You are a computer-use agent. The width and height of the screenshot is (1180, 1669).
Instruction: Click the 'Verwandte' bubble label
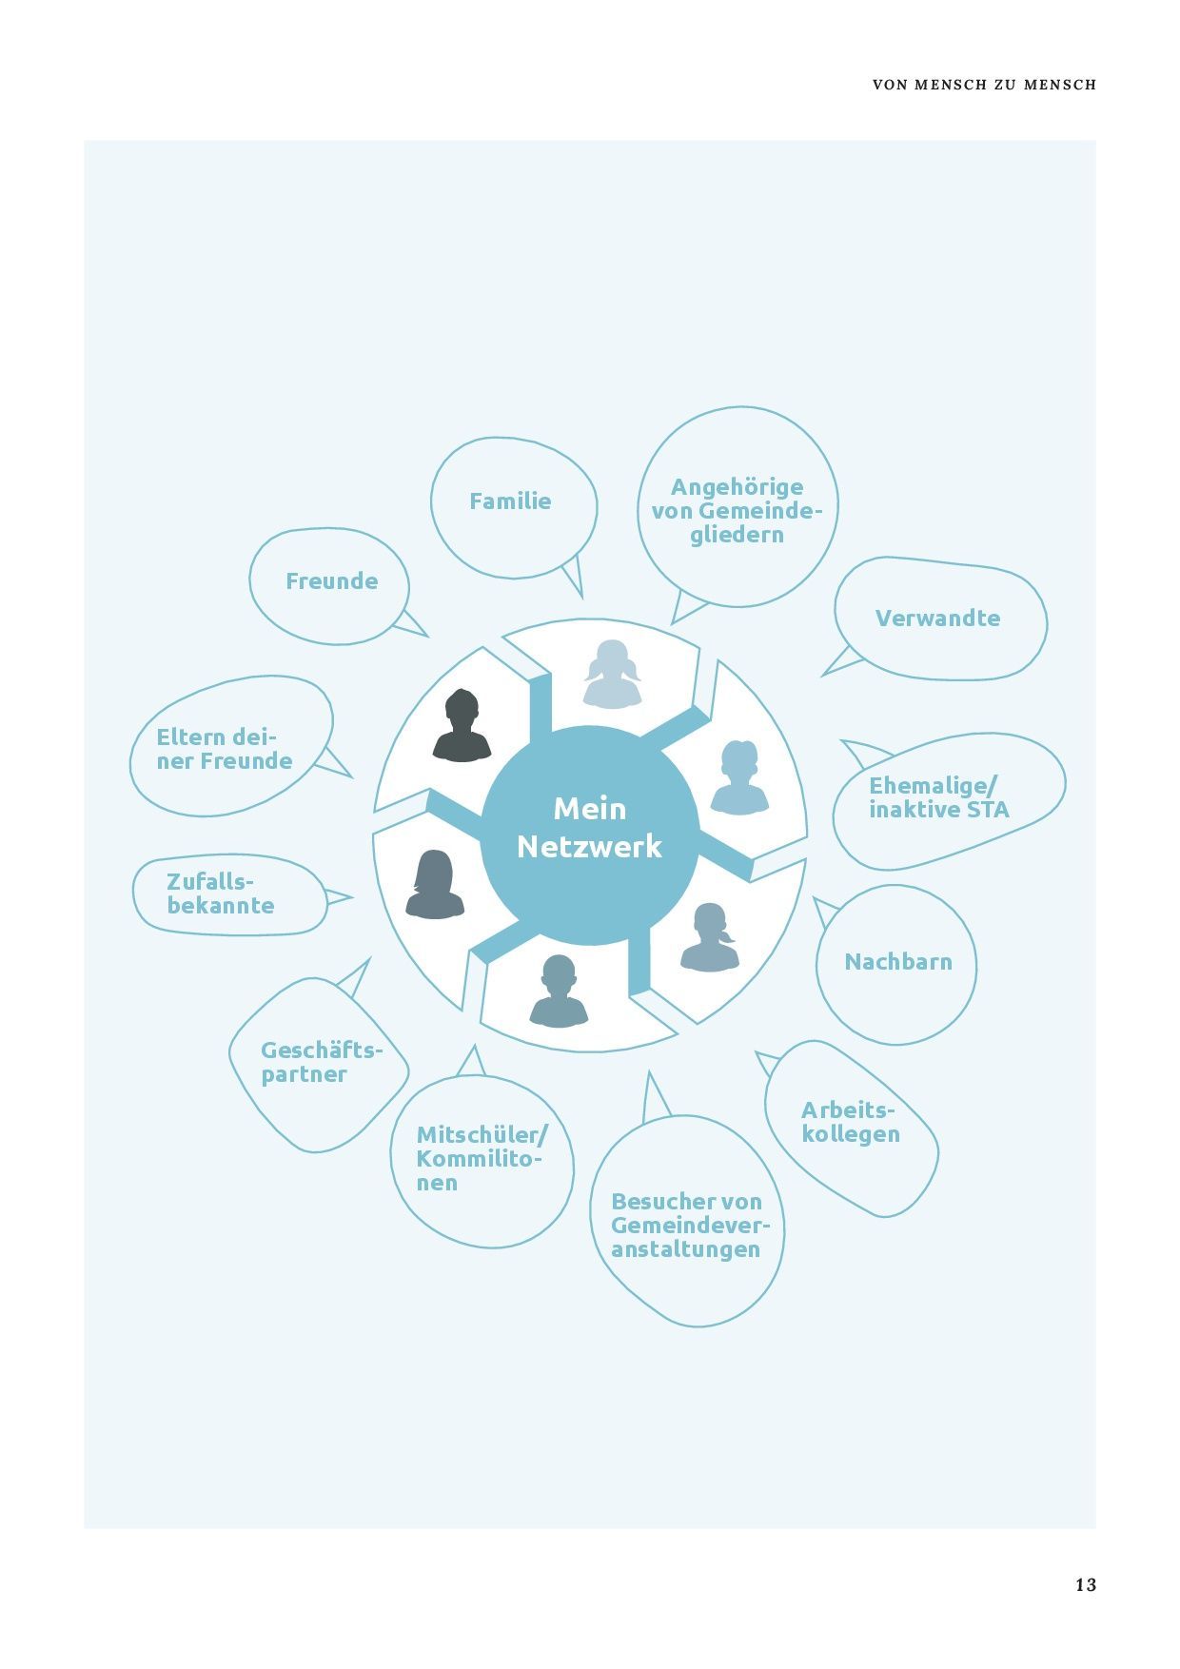click(937, 618)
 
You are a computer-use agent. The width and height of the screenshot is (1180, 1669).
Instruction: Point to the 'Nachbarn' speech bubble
click(896, 964)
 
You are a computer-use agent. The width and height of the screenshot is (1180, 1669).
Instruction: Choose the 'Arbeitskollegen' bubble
click(851, 1128)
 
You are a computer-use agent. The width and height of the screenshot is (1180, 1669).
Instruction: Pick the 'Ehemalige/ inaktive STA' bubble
click(949, 800)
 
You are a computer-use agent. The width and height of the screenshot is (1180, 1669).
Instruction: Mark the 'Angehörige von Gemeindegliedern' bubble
click(737, 508)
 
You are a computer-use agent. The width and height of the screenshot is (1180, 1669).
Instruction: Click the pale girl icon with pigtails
click(612, 674)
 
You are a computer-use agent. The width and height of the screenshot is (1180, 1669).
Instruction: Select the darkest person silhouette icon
click(462, 725)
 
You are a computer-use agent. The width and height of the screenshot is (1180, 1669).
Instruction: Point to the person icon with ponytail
click(710, 937)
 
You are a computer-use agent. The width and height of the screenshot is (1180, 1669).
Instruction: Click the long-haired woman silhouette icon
click(435, 884)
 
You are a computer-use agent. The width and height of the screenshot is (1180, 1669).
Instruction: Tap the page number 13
click(1086, 1584)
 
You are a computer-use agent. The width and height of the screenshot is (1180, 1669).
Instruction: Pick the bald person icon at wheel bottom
click(559, 992)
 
